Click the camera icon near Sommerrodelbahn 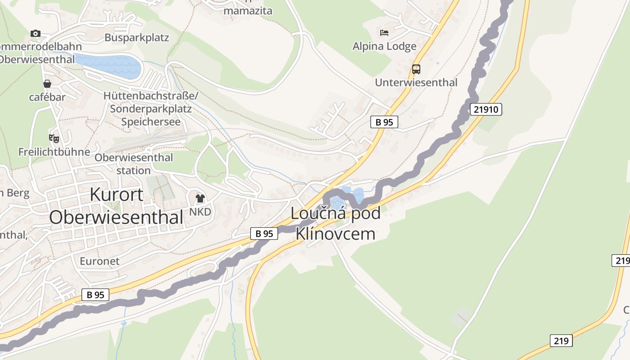click(36, 33)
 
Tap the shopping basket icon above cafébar click(47, 84)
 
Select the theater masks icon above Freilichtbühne click(54, 138)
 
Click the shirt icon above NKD click(200, 198)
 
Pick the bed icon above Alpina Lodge click(384, 32)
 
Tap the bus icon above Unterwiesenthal click(416, 69)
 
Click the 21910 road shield click(486, 109)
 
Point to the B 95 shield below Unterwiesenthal click(384, 122)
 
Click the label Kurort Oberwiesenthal click(116, 206)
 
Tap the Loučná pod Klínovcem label click(336, 223)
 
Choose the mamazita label click(248, 10)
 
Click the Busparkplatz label click(137, 37)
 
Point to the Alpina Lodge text click(384, 46)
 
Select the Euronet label click(99, 261)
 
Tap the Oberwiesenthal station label click(134, 164)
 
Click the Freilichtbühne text click(54, 152)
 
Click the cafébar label click(47, 97)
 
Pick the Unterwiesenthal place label click(416, 82)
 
